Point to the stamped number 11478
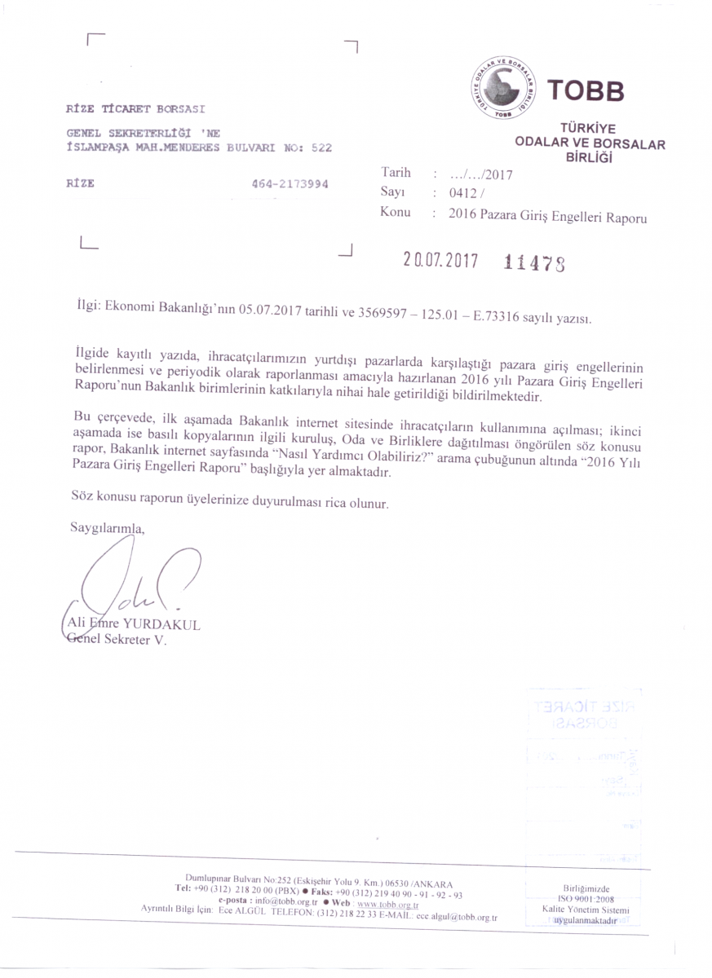534,262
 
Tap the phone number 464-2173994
290,184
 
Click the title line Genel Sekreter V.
115,641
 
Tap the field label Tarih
396,173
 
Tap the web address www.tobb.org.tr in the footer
388,905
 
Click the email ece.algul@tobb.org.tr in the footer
457,917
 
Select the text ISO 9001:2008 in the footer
581,899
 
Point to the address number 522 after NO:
318,148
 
